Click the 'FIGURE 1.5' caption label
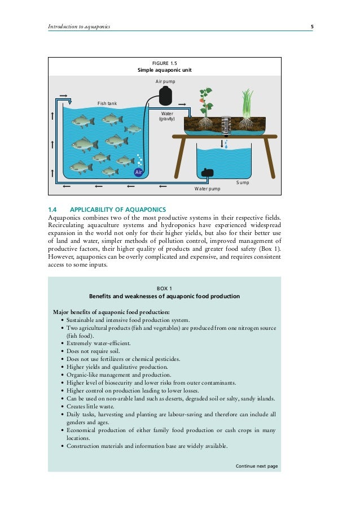[x=165, y=63]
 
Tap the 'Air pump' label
[x=165, y=82]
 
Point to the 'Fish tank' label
[x=107, y=103]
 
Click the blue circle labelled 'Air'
[x=138, y=172]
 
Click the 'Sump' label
[x=242, y=182]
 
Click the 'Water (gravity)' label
[x=167, y=116]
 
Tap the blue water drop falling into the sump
[x=226, y=145]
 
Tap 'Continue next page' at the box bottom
[x=257, y=466]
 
